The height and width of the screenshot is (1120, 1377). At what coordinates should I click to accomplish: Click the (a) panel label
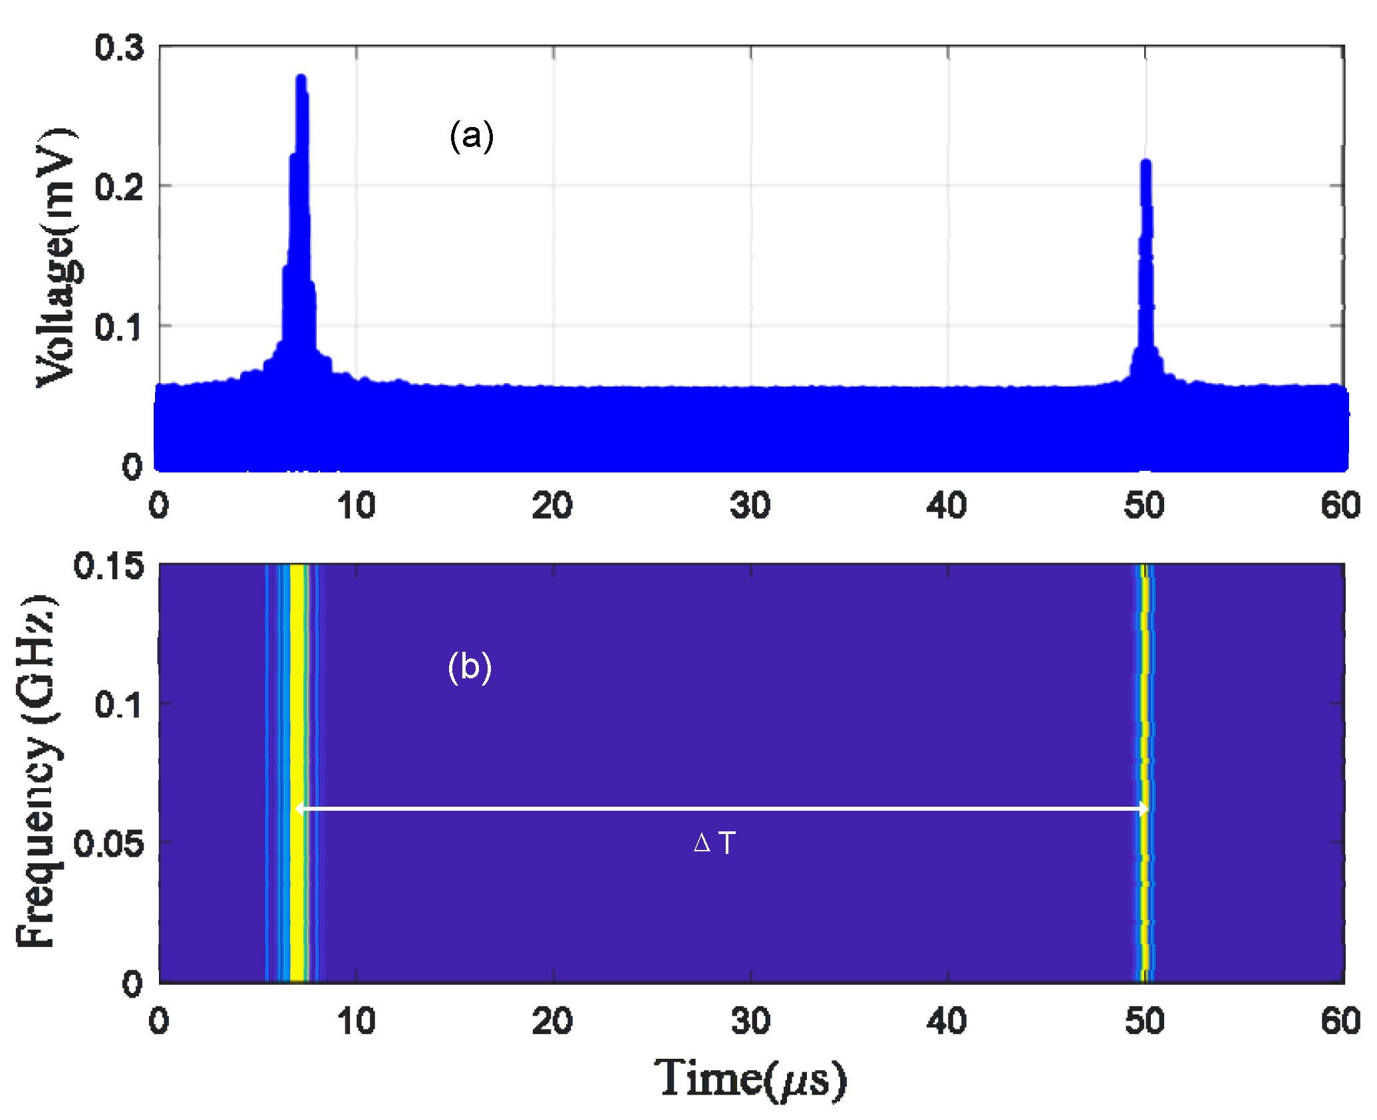472,136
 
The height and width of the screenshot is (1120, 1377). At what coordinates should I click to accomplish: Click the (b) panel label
470,667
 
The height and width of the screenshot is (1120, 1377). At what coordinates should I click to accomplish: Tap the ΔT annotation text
714,843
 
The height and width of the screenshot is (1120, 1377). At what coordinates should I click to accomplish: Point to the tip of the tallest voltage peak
301,78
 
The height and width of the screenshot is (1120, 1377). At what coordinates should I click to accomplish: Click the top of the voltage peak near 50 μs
1146,163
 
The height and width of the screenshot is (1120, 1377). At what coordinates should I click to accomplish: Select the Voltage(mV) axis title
57,257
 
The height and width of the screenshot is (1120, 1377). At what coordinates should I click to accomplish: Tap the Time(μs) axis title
750,1078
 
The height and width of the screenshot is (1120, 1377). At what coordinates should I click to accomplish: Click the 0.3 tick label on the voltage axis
119,48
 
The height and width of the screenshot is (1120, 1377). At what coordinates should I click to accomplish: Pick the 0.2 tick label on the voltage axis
119,188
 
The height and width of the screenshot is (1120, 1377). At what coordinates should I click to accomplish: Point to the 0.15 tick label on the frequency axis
108,566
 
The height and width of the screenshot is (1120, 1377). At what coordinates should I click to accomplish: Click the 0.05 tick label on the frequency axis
108,844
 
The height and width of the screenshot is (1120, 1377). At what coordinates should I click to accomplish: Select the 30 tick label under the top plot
750,505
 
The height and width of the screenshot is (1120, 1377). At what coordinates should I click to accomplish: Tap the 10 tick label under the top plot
356,505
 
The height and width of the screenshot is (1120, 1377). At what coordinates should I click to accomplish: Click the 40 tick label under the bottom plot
947,1021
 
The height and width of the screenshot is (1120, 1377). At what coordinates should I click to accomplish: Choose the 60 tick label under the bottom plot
1340,1021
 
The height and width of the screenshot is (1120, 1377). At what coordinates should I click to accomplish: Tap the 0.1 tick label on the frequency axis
118,704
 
